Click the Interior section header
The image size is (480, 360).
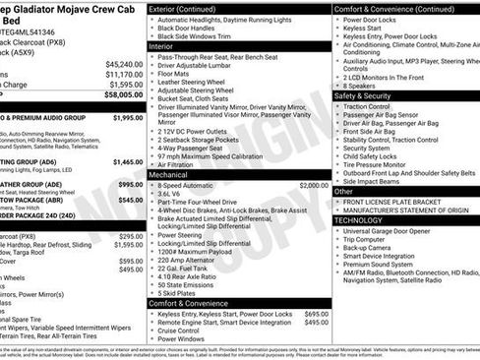[161, 46]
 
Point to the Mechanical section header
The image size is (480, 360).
[169, 174]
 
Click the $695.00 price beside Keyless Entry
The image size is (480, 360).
[317, 314]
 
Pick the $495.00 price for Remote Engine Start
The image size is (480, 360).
[317, 323]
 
